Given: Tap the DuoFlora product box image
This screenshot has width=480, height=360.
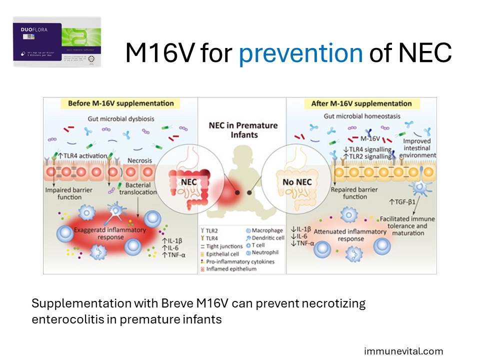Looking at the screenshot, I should coord(57,41).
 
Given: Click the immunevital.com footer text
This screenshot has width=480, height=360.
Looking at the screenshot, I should coord(403,351).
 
